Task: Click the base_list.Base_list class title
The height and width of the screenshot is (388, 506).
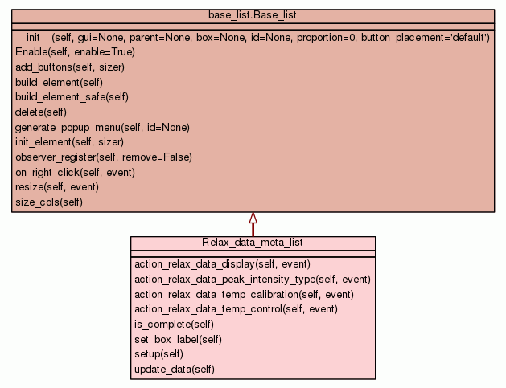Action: pyautogui.click(x=253, y=15)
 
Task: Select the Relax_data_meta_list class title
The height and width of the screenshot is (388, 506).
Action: pyautogui.click(x=253, y=243)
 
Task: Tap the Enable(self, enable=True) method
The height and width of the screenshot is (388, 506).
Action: pyautogui.click(x=75, y=51)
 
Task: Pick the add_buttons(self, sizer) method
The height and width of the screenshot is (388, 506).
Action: pyautogui.click(x=69, y=67)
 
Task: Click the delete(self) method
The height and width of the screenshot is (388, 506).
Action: pyautogui.click(x=40, y=112)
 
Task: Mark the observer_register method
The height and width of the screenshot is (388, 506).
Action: pyautogui.click(x=103, y=157)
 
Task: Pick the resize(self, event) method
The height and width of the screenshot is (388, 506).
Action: pyautogui.click(x=56, y=186)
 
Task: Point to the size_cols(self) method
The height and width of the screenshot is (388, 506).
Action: pyautogui.click(x=48, y=202)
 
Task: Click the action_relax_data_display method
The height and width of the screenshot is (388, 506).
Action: pyautogui.click(x=222, y=263)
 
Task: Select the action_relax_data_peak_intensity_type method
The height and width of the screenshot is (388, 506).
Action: pyautogui.click(x=252, y=279)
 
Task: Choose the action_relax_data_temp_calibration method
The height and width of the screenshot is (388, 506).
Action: pyautogui.click(x=244, y=294)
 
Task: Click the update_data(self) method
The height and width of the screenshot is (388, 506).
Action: pyautogui.click(x=174, y=370)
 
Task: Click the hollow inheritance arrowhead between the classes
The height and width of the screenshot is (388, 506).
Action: pyautogui.click(x=253, y=218)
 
